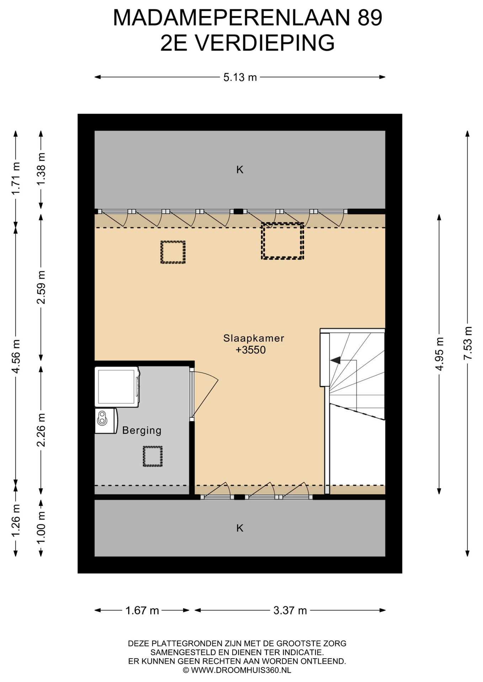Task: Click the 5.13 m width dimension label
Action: click(240, 77)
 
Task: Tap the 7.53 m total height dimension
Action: click(468, 343)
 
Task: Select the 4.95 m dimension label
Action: click(440, 354)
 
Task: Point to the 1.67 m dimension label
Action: click(142, 610)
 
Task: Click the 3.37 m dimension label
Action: click(290, 610)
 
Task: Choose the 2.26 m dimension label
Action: click(41, 430)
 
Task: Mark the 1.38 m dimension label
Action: click(41, 168)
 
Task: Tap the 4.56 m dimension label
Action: click(16, 356)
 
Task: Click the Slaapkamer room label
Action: click(254, 338)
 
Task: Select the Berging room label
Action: click(142, 431)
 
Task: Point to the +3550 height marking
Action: click(250, 350)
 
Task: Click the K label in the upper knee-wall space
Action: click(240, 170)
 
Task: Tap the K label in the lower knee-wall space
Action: click(240, 528)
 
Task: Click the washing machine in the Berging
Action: click(117, 387)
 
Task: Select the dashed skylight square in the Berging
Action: click(153, 456)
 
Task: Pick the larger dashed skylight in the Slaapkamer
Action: click(282, 241)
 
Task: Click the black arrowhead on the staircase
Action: click(335, 360)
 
